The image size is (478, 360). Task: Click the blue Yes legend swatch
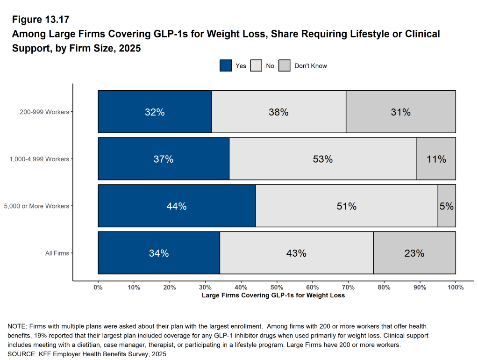tap(226, 66)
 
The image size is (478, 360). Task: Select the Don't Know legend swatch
tap(285, 66)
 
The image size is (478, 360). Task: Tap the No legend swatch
tap(256, 66)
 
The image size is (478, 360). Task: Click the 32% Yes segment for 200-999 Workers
tap(155, 112)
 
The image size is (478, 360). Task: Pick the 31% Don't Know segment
tap(400, 112)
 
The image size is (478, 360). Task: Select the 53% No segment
tap(323, 159)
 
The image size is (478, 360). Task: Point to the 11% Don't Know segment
tap(436, 159)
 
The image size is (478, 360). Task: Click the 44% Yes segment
tap(177, 206)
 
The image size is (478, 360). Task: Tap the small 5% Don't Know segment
tap(447, 206)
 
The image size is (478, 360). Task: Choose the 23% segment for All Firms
tap(414, 253)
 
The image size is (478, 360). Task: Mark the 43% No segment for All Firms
tap(296, 253)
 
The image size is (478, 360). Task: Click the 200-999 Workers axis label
tap(44, 112)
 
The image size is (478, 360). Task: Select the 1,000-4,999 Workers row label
tap(39, 159)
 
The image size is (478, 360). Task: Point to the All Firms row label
tap(57, 253)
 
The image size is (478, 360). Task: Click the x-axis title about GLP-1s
tap(273, 295)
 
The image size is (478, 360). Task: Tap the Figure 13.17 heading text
tap(41, 20)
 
